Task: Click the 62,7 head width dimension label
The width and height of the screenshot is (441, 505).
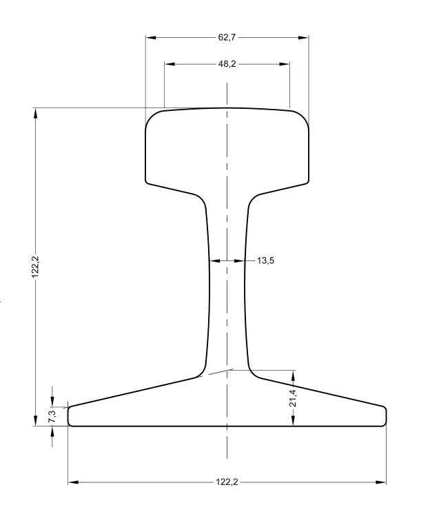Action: (x=227, y=37)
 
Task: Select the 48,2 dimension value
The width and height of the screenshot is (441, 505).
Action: (x=227, y=64)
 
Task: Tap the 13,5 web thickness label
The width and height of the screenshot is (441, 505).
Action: (x=265, y=260)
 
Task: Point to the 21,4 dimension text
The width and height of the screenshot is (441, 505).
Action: (x=293, y=398)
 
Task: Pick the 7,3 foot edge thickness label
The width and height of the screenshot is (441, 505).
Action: (x=52, y=416)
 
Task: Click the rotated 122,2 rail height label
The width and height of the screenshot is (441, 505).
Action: (x=35, y=267)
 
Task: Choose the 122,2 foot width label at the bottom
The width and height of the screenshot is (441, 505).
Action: (x=227, y=482)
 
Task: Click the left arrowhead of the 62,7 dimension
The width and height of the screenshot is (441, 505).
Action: (x=151, y=38)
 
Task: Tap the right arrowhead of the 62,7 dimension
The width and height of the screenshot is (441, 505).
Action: (x=303, y=38)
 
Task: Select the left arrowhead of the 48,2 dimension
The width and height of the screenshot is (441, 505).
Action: (x=170, y=64)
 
